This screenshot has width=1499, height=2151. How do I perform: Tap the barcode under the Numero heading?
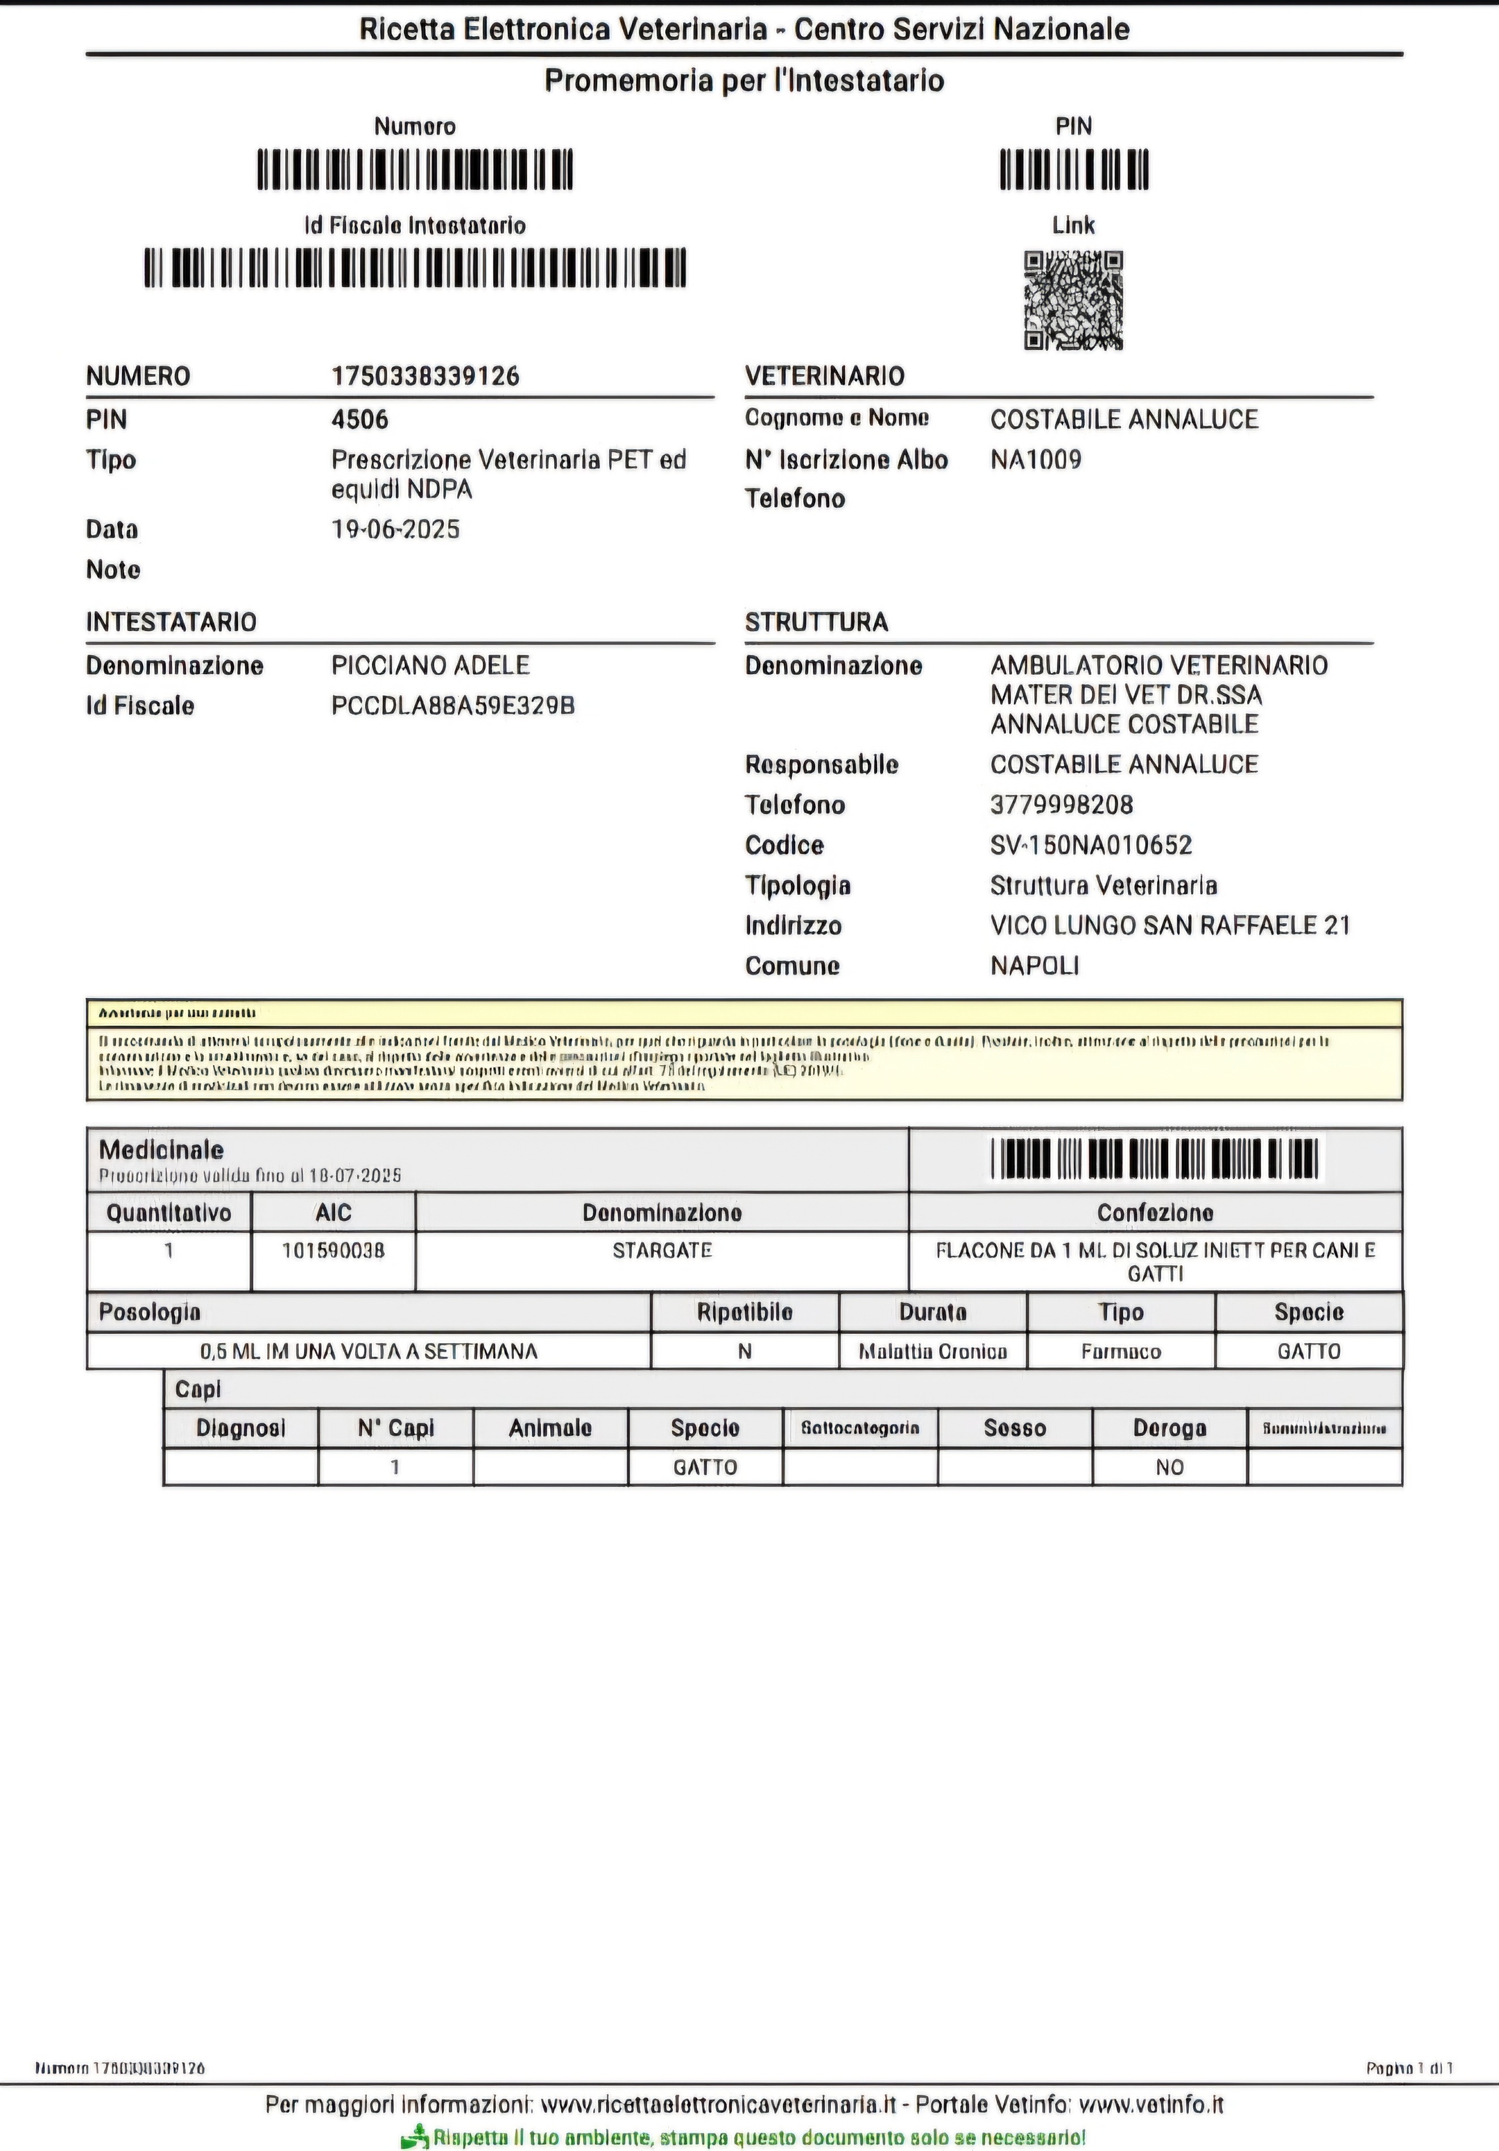[x=415, y=170]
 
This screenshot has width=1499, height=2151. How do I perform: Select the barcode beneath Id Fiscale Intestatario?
[x=415, y=268]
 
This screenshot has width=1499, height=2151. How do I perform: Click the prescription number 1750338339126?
[x=425, y=376]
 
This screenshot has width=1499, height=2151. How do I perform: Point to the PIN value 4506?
[x=360, y=419]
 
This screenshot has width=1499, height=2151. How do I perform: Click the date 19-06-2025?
[x=395, y=529]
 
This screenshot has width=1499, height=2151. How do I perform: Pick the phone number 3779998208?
[x=1061, y=805]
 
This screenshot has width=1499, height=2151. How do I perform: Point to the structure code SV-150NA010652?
[x=1090, y=845]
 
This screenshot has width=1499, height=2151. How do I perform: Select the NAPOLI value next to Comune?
[x=1034, y=966]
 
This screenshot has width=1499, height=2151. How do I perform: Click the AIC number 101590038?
[x=333, y=1250]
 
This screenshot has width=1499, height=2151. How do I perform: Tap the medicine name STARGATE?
[x=661, y=1250]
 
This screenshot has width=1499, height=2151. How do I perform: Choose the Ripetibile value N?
[x=745, y=1352]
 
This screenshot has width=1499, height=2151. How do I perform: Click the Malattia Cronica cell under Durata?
[x=933, y=1352]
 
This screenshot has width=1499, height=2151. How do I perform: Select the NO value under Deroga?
[x=1169, y=1468]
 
